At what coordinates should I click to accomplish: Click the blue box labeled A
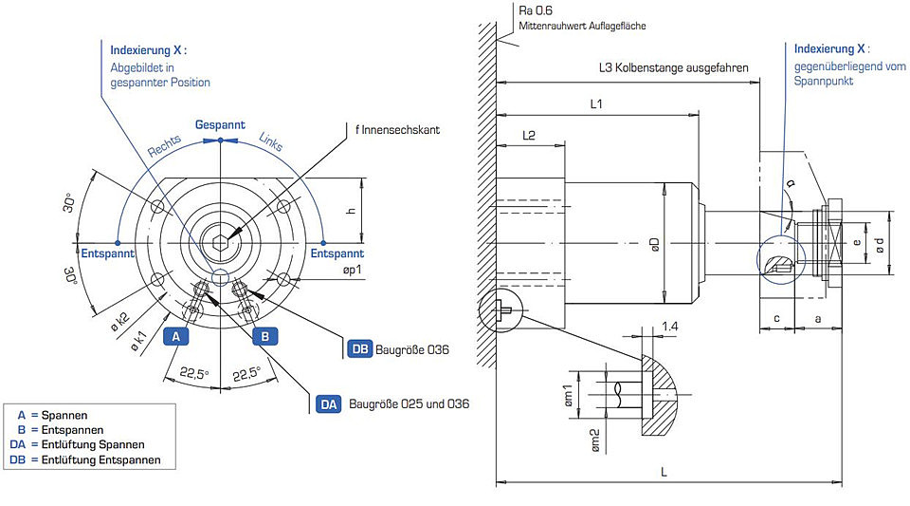(x=176, y=336)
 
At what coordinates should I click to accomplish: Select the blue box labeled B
(x=264, y=336)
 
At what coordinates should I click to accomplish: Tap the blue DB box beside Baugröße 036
(x=360, y=349)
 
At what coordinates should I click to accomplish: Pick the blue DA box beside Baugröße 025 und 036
(x=329, y=404)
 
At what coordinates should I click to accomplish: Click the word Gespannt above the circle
(x=220, y=125)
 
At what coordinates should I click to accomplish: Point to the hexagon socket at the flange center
(x=221, y=243)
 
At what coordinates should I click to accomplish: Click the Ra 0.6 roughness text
(x=536, y=10)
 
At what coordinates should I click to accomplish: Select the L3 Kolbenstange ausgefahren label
(x=673, y=68)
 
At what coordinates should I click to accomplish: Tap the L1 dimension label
(x=596, y=104)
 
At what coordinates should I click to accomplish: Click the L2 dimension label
(x=529, y=136)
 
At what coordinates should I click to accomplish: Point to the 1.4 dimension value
(x=670, y=327)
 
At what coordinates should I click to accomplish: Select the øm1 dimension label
(x=568, y=395)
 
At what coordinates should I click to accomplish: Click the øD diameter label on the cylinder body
(x=655, y=244)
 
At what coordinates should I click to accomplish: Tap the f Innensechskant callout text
(x=397, y=129)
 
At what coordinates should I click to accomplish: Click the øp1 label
(x=353, y=271)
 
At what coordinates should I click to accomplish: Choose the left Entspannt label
(x=107, y=253)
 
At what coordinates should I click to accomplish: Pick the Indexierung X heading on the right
(x=831, y=48)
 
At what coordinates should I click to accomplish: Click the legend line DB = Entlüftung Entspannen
(x=85, y=459)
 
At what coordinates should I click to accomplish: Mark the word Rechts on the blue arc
(x=164, y=146)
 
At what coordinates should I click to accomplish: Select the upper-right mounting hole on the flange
(x=283, y=207)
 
